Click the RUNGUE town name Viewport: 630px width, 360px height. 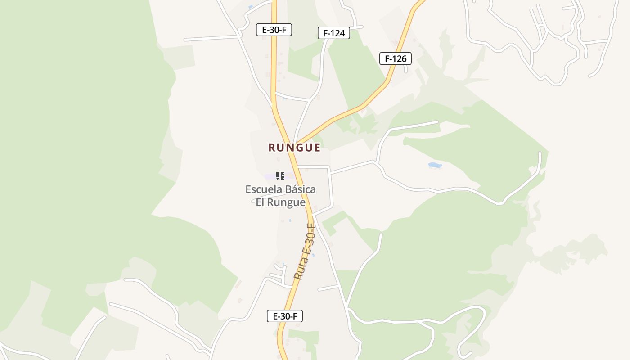point(294,148)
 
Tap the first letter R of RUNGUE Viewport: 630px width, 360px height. point(272,148)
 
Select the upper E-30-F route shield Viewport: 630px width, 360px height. point(274,30)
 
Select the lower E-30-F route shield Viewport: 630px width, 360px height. point(285,316)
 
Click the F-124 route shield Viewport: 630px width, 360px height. point(334,33)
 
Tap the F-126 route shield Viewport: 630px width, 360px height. point(396,58)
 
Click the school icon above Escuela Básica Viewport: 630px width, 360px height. point(280,176)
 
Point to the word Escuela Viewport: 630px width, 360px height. point(263,189)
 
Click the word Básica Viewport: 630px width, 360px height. point(299,189)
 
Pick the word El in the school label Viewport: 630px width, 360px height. point(260,202)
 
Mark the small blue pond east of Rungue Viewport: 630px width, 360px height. point(435,166)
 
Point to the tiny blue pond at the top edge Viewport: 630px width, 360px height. point(251,7)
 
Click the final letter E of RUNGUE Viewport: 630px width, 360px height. point(317,148)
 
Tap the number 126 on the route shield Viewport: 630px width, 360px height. point(400,58)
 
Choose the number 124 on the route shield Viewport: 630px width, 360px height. point(339,33)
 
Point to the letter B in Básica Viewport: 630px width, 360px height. point(286,189)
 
